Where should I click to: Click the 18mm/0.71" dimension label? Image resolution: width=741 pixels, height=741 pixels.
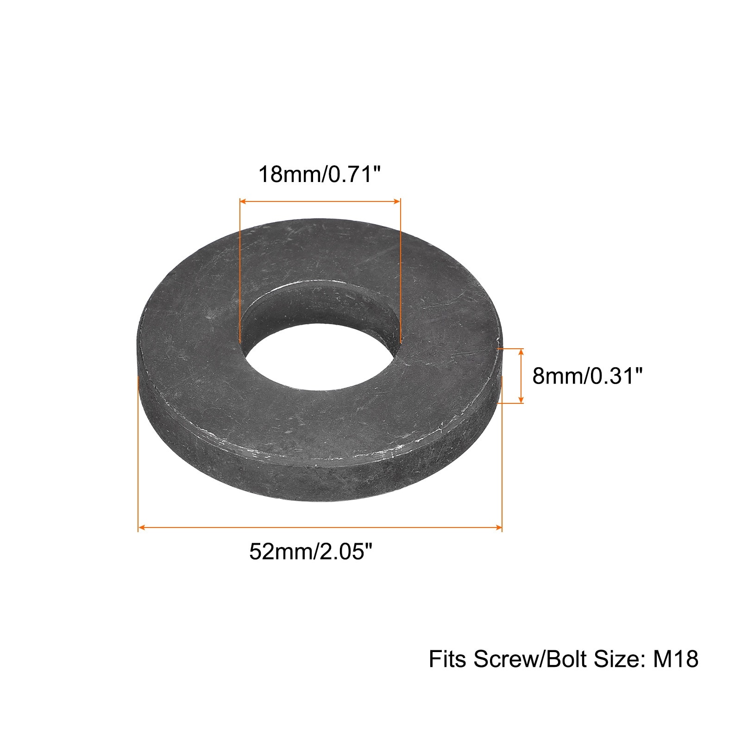click(x=320, y=175)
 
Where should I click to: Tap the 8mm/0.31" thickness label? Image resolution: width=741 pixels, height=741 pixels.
click(x=588, y=376)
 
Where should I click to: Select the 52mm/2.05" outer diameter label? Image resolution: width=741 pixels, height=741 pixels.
click(x=311, y=552)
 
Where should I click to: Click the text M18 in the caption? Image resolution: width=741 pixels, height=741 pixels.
click(x=675, y=659)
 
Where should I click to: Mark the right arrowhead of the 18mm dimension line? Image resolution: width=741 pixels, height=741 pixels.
click(x=397, y=201)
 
